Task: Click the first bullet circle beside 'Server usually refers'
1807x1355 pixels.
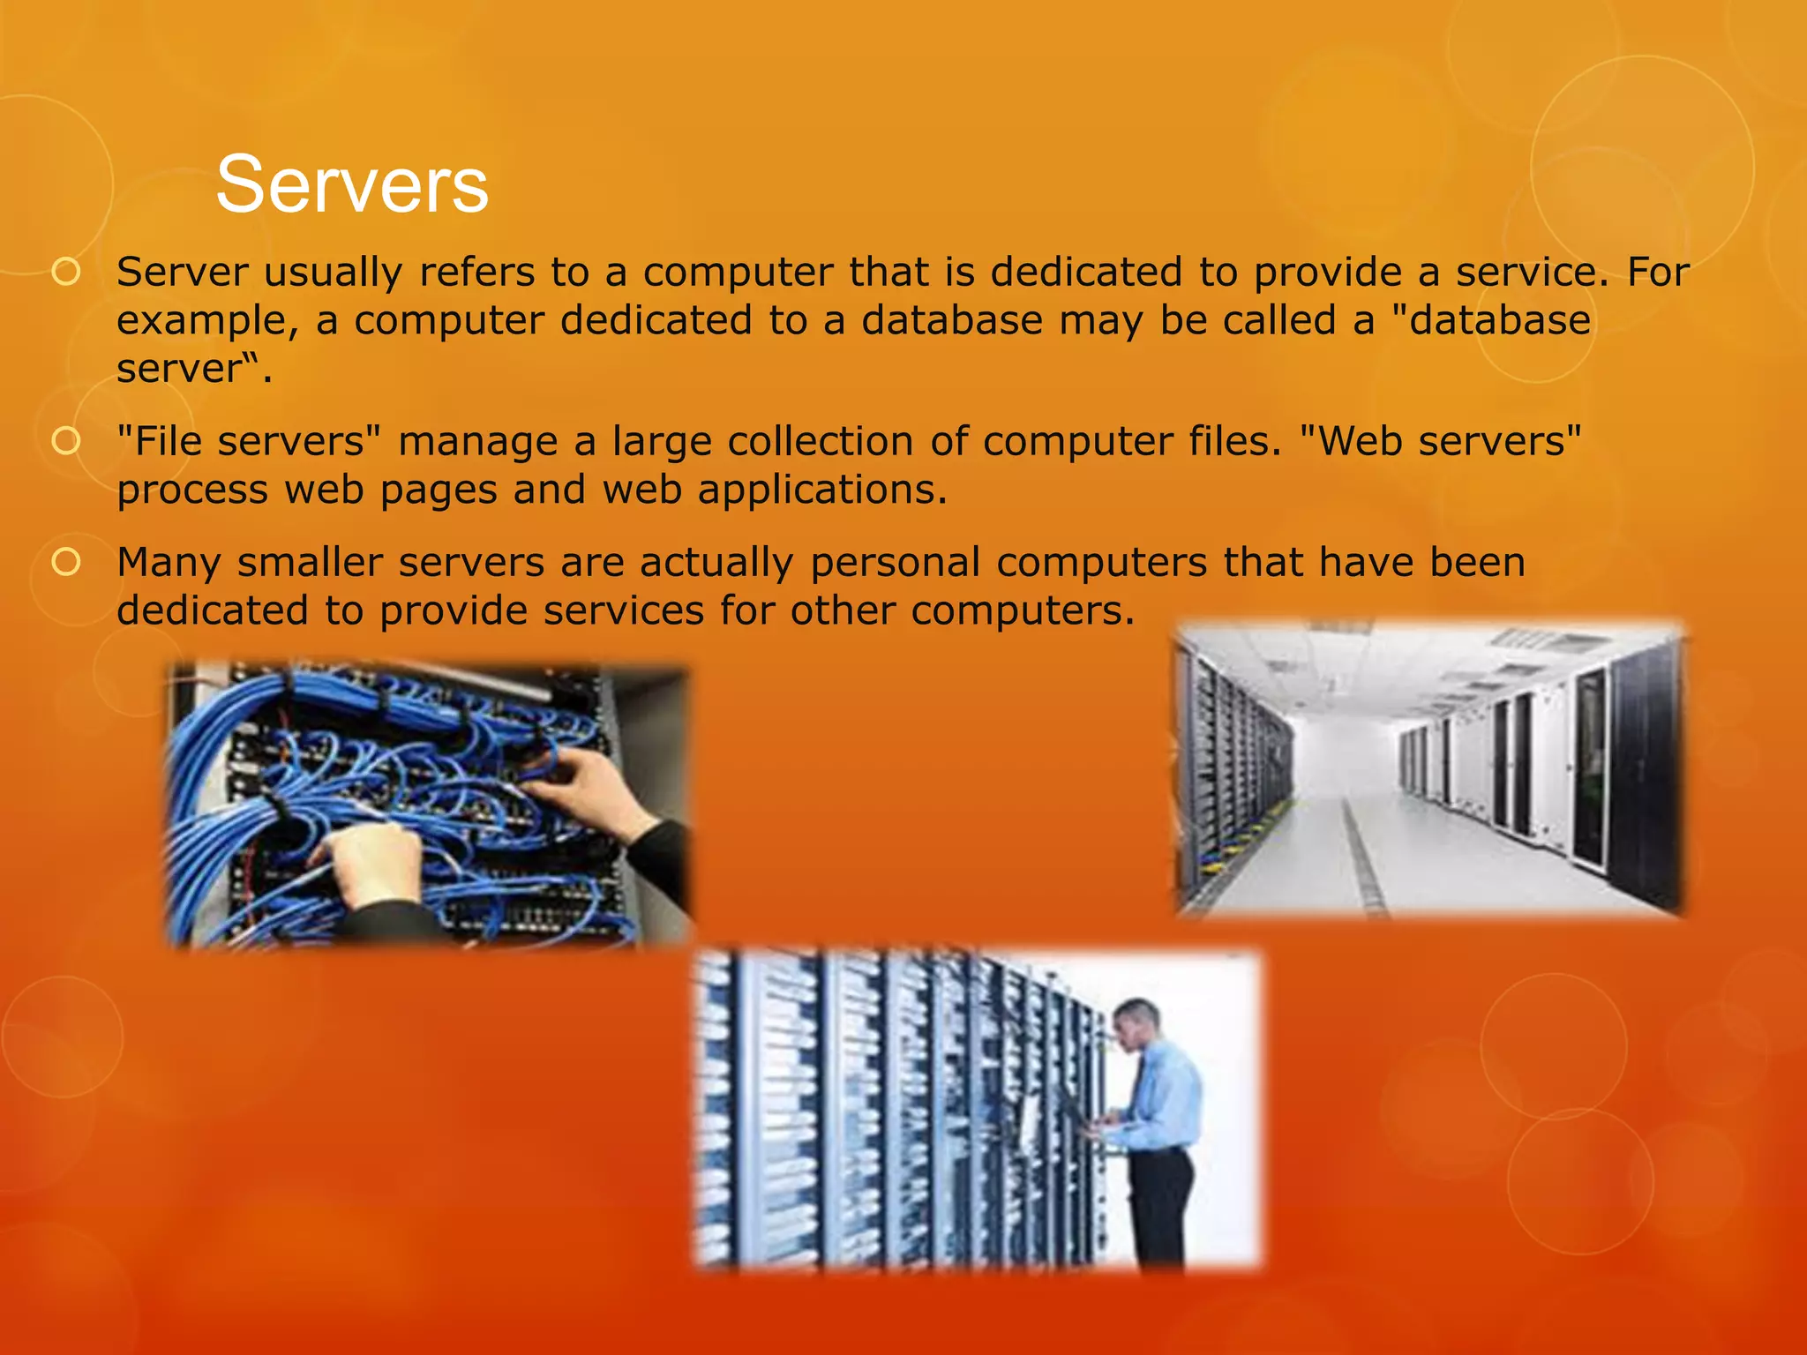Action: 66,272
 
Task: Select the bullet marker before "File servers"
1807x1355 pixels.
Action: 66,441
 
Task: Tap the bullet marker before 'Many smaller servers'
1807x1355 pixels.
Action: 66,562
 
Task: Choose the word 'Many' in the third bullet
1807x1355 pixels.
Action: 169,563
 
